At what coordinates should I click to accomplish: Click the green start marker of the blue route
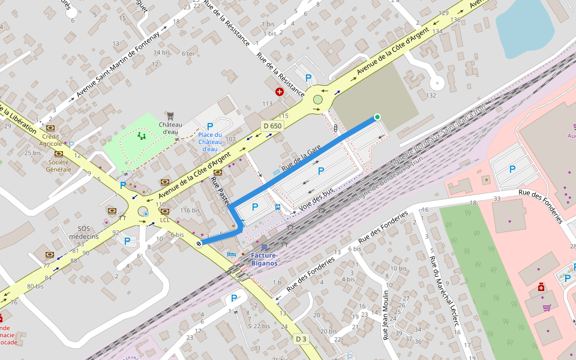coord(377,117)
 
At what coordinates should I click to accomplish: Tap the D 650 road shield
coord(272,126)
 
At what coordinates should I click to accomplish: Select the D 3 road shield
coord(301,340)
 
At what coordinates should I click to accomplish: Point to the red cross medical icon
coord(279,92)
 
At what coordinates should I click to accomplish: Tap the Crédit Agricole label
coord(51,140)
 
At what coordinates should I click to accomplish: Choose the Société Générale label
coord(59,166)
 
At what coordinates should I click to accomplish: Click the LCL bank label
coord(165,220)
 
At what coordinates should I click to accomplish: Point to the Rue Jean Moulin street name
coord(386,315)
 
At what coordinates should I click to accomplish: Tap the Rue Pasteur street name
coord(220,191)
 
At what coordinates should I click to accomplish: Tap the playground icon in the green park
coord(142,136)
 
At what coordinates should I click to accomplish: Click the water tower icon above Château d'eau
coord(170,115)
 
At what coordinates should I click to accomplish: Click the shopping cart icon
coord(547,308)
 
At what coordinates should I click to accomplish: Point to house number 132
coord(430,95)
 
